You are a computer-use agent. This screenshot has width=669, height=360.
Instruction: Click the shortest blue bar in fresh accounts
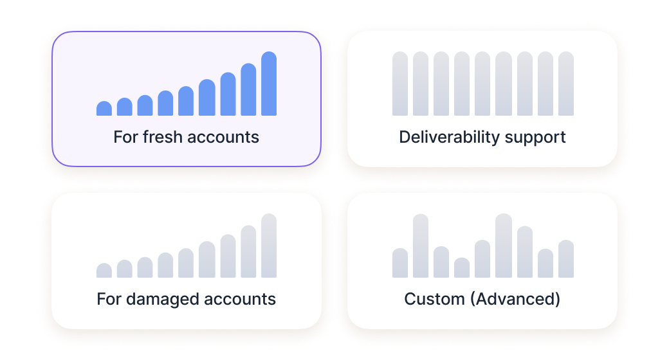click(x=104, y=109)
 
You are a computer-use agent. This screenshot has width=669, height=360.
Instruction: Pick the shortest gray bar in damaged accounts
click(x=104, y=271)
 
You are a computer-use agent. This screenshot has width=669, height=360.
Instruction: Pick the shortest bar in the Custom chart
click(x=462, y=268)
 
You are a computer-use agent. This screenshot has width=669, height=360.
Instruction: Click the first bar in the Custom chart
click(x=400, y=263)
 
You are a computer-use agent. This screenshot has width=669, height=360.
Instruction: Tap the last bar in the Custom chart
click(x=566, y=259)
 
